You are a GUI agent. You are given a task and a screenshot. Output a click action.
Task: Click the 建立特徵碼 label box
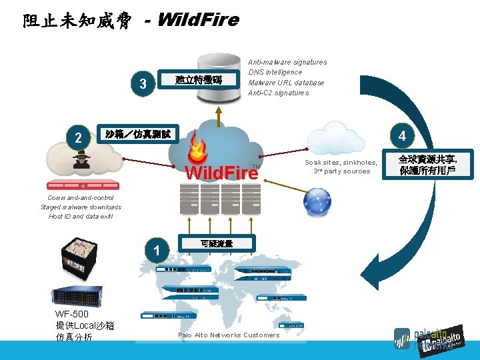[198, 80]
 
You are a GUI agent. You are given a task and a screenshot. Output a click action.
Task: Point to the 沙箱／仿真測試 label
[138, 134]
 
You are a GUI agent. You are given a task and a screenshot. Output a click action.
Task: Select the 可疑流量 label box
[216, 244]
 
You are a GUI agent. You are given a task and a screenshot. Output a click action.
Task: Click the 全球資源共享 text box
[427, 164]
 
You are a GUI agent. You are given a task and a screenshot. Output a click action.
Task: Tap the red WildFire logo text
[221, 173]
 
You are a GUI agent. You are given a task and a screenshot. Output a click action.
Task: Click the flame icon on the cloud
[199, 147]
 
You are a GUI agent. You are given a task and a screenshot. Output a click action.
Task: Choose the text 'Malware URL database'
[286, 83]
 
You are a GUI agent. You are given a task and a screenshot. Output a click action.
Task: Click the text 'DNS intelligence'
[275, 72]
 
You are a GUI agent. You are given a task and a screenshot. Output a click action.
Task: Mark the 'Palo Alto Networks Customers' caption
[229, 335]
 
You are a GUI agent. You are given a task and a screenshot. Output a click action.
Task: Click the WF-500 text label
[72, 314]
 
